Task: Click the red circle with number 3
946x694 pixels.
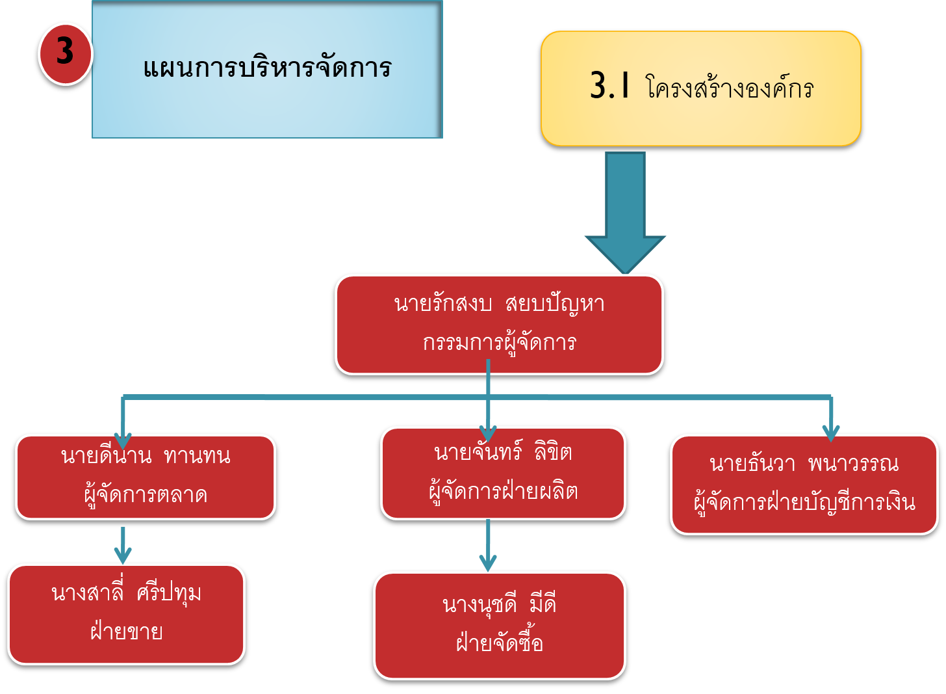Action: tap(65, 53)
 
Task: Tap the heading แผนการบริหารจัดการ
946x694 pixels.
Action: tap(267, 68)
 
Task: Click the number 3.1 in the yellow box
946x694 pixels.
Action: tap(609, 85)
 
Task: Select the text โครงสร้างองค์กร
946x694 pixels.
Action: tap(730, 88)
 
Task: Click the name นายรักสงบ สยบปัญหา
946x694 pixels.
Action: tap(499, 304)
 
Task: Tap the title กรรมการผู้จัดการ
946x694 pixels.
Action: tap(499, 343)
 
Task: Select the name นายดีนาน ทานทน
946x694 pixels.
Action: tap(146, 456)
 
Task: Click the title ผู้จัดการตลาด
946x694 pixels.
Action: tap(146, 495)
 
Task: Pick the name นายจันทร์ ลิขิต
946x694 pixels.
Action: tap(503, 452)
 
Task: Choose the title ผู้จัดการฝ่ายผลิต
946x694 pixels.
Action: tap(503, 491)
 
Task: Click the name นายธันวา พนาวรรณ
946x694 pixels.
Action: tap(804, 464)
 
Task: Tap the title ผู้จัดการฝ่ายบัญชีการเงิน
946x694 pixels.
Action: tap(804, 503)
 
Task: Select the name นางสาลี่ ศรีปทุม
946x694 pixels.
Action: tap(126, 593)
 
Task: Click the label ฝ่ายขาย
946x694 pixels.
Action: tap(126, 632)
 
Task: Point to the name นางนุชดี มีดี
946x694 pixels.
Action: tap(499, 605)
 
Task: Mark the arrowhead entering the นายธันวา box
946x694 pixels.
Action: tap(831, 432)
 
